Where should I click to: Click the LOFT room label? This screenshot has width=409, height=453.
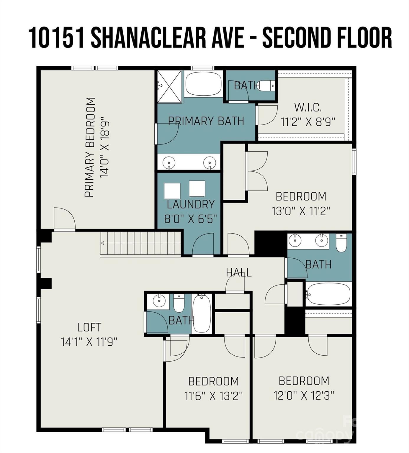pos(89,327)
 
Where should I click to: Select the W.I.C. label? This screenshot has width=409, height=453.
pos(308,107)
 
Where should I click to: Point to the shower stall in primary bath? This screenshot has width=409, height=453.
pos(169,86)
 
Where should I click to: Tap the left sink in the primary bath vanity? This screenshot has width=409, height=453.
pos(169,163)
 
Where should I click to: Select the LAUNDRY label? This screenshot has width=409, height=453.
pos(191,204)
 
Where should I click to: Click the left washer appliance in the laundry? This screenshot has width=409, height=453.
pos(172,191)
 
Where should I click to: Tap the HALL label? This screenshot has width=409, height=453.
pos(239,273)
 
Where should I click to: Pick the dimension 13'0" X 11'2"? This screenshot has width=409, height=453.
pos(300,211)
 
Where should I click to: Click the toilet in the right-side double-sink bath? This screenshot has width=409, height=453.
pos(341,243)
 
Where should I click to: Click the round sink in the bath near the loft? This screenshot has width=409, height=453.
pos(159,301)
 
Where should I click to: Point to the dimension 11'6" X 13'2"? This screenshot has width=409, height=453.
pos(213,396)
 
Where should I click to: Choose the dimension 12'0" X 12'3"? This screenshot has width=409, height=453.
pos(304,395)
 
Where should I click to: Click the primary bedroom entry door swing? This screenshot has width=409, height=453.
pos(64,218)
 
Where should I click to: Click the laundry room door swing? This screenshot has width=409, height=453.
pos(203,244)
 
